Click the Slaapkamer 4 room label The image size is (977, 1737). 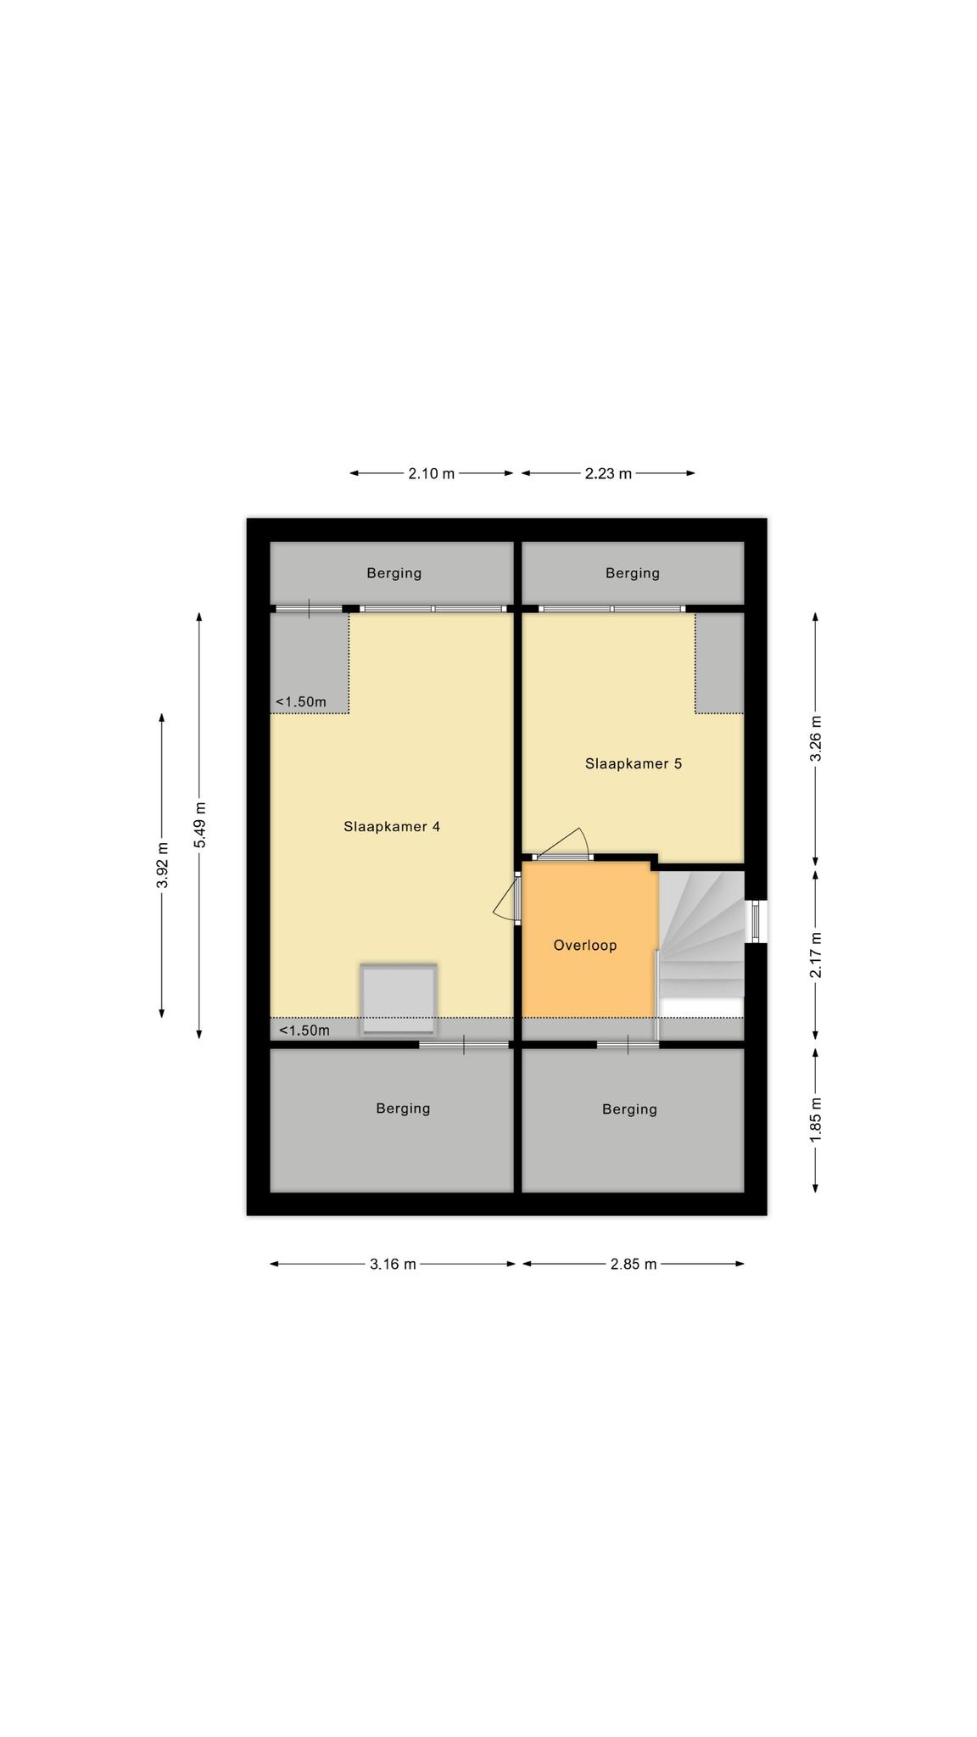[391, 826]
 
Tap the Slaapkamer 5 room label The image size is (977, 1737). [634, 763]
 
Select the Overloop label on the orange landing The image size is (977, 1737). [585, 945]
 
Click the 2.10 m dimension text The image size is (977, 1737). [432, 473]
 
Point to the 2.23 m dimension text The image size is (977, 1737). [608, 473]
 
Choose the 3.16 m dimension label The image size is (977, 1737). [393, 1264]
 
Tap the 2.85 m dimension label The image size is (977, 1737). [634, 1264]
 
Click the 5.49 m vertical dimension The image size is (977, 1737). [199, 824]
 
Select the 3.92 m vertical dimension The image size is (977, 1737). [162, 865]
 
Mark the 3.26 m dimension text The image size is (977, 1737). [816, 740]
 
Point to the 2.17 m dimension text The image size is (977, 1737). [816, 955]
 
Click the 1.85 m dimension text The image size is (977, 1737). [816, 1120]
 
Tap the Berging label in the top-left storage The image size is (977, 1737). [394, 573]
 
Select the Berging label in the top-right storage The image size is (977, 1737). [633, 573]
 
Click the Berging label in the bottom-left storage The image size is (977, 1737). [403, 1109]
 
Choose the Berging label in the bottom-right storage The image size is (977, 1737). [629, 1109]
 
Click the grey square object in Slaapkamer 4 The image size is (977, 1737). [399, 999]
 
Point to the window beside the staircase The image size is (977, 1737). [755, 921]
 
